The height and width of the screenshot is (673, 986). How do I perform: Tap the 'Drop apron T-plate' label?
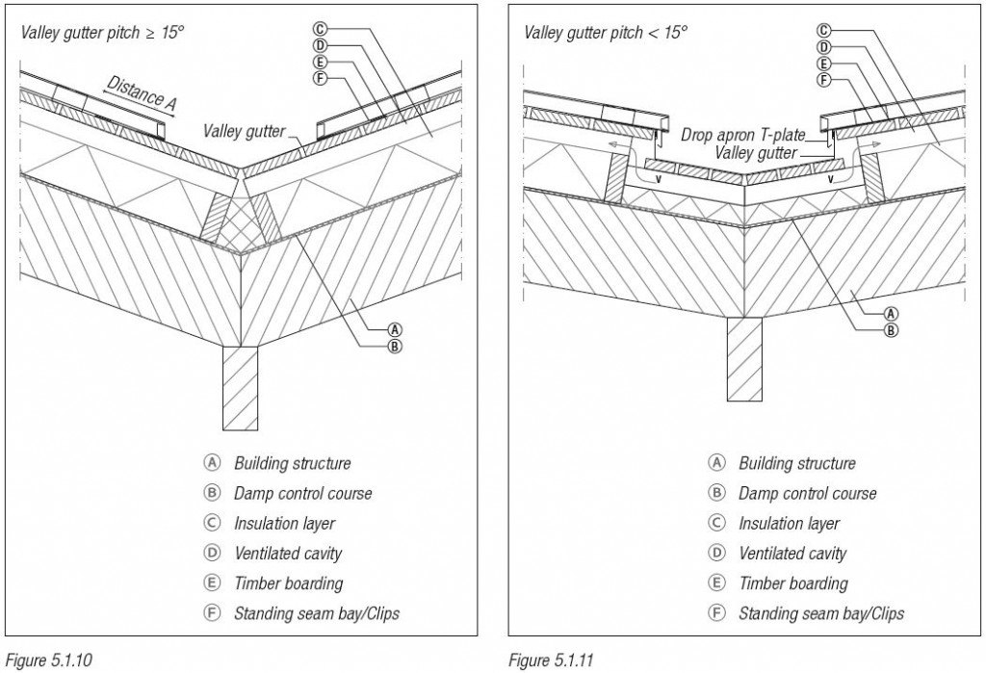[742, 136]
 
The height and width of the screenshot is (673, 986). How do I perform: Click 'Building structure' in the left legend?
[292, 463]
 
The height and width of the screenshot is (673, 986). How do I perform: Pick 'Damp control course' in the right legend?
[807, 494]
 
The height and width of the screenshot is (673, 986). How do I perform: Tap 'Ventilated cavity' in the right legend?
[791, 554]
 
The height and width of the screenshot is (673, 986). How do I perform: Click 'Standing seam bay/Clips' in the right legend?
[820, 613]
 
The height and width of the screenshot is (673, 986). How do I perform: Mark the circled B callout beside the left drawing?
[393, 344]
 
